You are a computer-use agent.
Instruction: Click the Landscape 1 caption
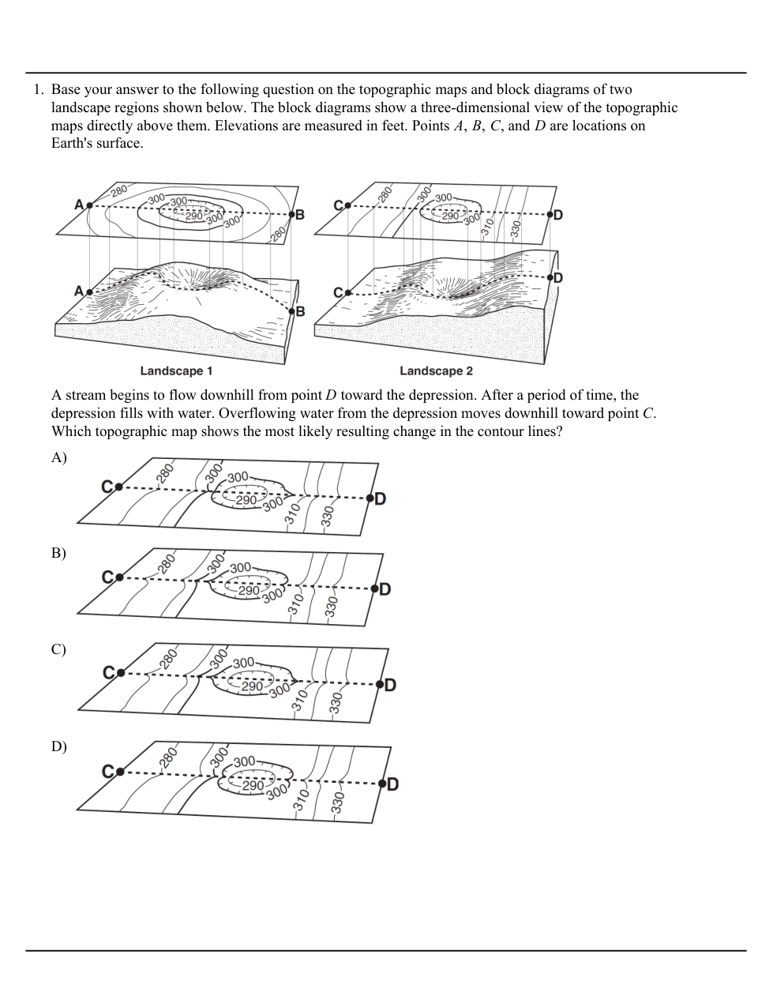click(x=176, y=370)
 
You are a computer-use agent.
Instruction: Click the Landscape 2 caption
click(x=436, y=370)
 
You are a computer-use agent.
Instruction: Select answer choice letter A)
click(x=59, y=457)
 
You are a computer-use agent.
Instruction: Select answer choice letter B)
click(x=59, y=553)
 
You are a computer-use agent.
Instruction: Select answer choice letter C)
click(x=59, y=649)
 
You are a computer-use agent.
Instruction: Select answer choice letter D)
click(x=59, y=746)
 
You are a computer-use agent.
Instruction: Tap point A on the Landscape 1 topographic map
click(x=88, y=205)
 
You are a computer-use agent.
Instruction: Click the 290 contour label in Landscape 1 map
click(x=194, y=215)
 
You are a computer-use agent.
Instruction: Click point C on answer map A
click(x=118, y=487)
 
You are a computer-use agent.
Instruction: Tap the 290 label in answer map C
click(x=251, y=686)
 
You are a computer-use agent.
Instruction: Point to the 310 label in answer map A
click(x=291, y=513)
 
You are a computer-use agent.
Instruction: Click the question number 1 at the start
click(x=36, y=90)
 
